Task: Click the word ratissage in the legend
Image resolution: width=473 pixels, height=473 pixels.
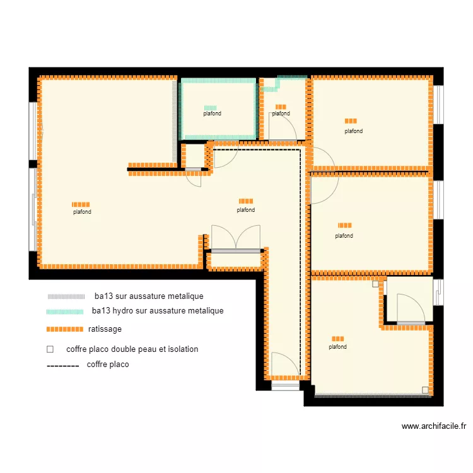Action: [x=105, y=329]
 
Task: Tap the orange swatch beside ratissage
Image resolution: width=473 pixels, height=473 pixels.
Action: [x=65, y=329]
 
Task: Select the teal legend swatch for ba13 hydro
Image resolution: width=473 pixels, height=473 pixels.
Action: [x=65, y=312]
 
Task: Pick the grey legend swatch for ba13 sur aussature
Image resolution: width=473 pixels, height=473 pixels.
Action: [x=66, y=296]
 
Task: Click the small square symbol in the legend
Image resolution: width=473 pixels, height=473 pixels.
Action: [x=50, y=349]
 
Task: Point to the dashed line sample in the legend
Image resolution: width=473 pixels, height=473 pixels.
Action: [x=63, y=366]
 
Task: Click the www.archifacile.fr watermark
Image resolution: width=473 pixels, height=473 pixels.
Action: [x=433, y=426]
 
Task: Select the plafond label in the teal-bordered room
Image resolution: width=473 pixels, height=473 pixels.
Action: [x=212, y=114]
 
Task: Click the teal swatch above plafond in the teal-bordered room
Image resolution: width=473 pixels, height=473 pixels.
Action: [x=210, y=108]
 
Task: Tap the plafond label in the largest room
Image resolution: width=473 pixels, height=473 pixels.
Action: [x=82, y=212]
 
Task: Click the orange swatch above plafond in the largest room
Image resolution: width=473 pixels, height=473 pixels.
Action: [x=81, y=204]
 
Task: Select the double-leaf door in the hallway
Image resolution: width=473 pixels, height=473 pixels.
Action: [x=236, y=239]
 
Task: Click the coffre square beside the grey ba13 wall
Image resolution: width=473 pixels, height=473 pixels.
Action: [x=425, y=390]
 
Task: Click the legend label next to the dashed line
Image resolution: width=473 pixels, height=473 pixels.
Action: [x=108, y=365]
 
